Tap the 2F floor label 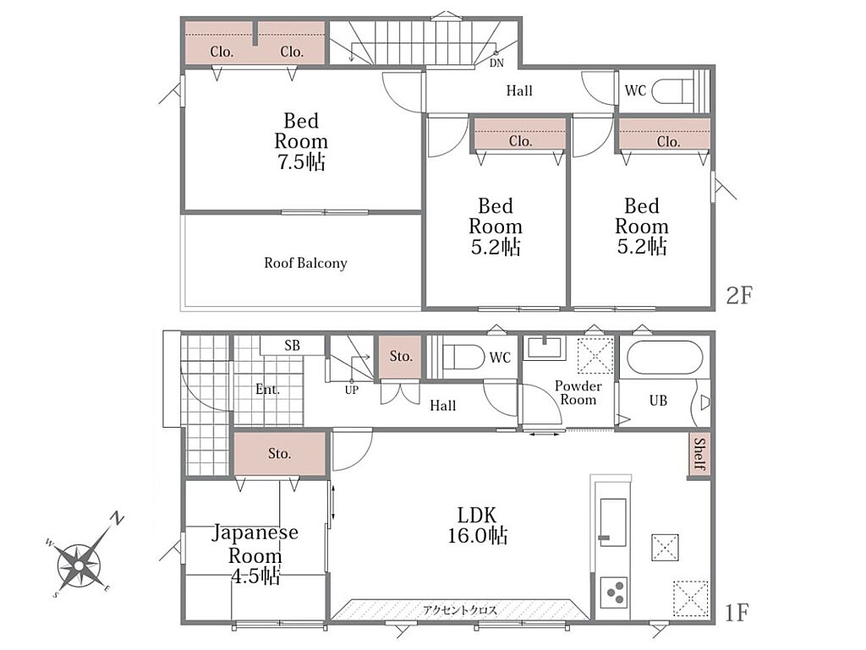click(x=739, y=296)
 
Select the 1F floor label click(x=736, y=613)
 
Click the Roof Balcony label click(x=305, y=263)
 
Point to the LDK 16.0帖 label click(x=477, y=525)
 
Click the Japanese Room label click(x=255, y=554)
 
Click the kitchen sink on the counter click(x=612, y=522)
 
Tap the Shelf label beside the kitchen click(x=699, y=454)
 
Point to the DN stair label click(x=496, y=63)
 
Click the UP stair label click(x=351, y=391)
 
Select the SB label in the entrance click(x=292, y=346)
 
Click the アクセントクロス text click(x=459, y=609)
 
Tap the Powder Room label click(x=578, y=392)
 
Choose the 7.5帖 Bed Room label click(x=301, y=141)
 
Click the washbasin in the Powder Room click(x=544, y=347)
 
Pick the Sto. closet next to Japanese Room click(x=279, y=454)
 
